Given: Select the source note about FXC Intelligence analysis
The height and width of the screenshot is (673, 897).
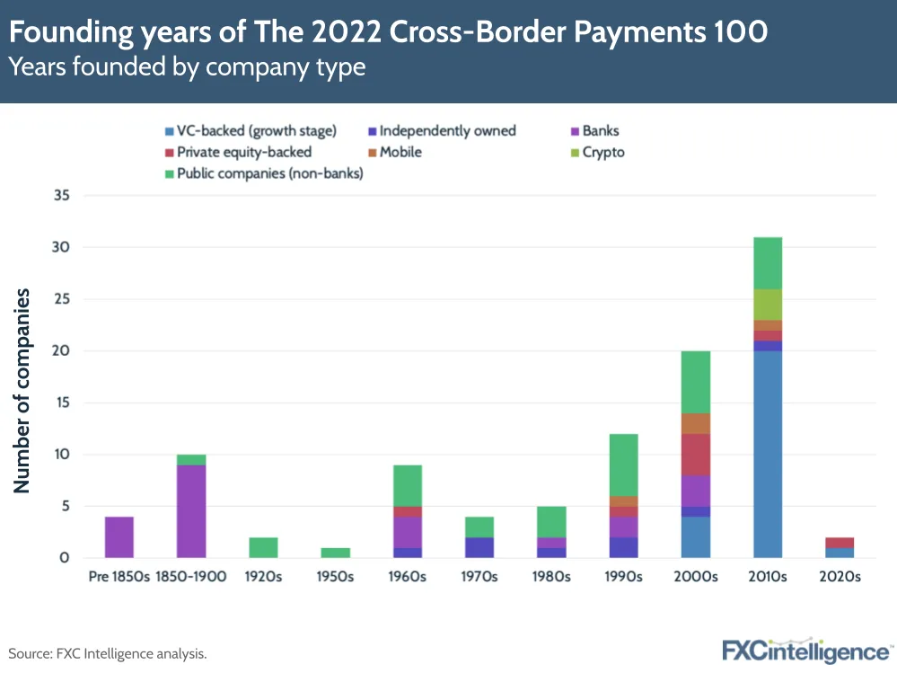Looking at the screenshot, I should pos(108,653).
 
